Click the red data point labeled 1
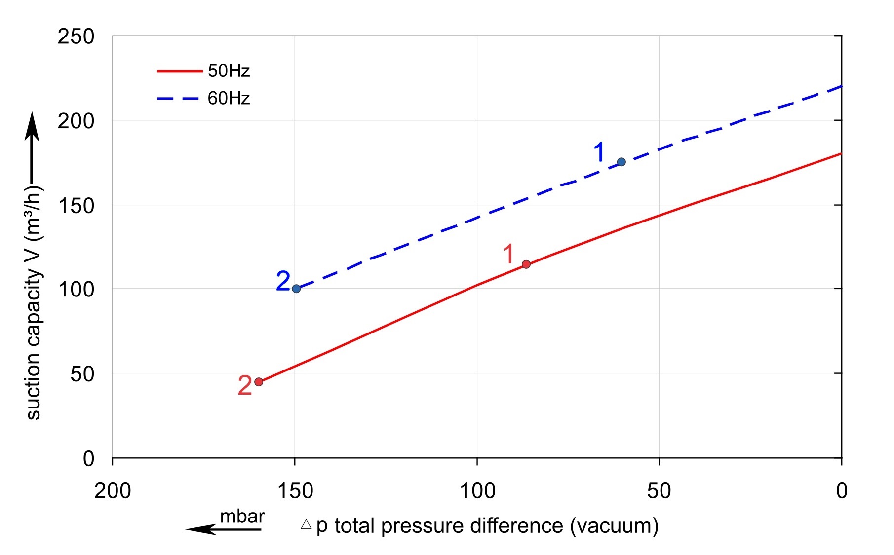526,264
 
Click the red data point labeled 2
259,382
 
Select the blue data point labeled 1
622,162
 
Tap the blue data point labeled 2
296,289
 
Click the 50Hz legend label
229,71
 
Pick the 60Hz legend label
229,99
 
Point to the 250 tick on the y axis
76,37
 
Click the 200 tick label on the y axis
76,121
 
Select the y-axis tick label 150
76,206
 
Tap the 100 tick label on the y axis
76,290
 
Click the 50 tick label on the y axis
82,374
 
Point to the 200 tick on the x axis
113,491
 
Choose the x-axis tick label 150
295,491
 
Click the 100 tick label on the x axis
477,491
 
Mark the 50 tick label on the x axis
659,491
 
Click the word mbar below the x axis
242,517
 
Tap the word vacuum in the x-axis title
614,526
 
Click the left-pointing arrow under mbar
223,529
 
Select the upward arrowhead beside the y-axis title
32,126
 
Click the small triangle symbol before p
306,524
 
